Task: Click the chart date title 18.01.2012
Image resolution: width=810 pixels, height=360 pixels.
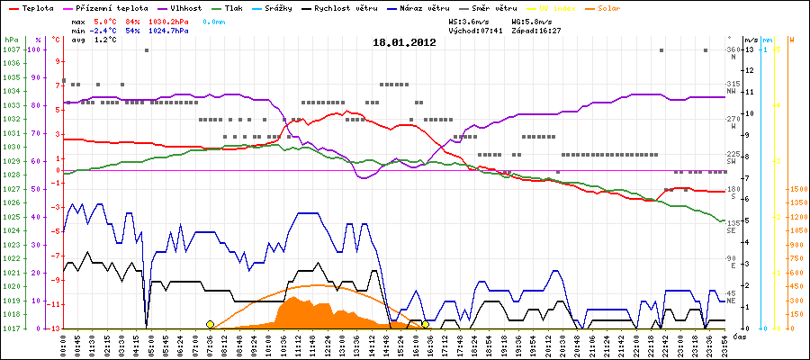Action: [x=404, y=41]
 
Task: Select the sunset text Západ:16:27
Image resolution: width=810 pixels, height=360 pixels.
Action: [x=537, y=30]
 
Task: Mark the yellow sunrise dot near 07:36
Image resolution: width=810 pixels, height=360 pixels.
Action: [x=210, y=324]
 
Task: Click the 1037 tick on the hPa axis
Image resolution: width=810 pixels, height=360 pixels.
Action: [x=11, y=49]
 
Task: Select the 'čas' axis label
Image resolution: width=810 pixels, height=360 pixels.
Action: [x=739, y=337]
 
